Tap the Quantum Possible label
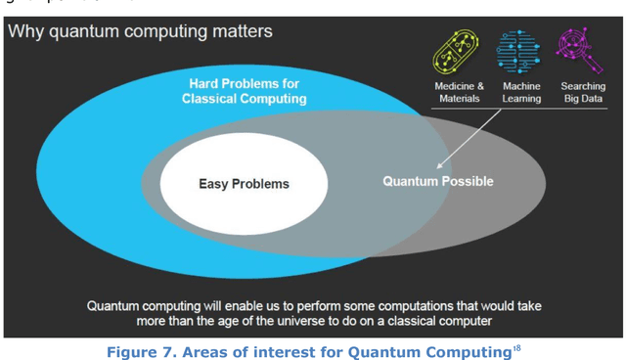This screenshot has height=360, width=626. coord(437,182)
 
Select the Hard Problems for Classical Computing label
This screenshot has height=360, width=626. coord(244,91)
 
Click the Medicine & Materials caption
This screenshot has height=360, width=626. coord(459,93)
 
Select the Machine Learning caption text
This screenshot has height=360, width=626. coord(521,93)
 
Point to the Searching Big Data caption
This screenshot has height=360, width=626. coord(583,93)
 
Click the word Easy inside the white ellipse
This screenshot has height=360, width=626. coord(216,184)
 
